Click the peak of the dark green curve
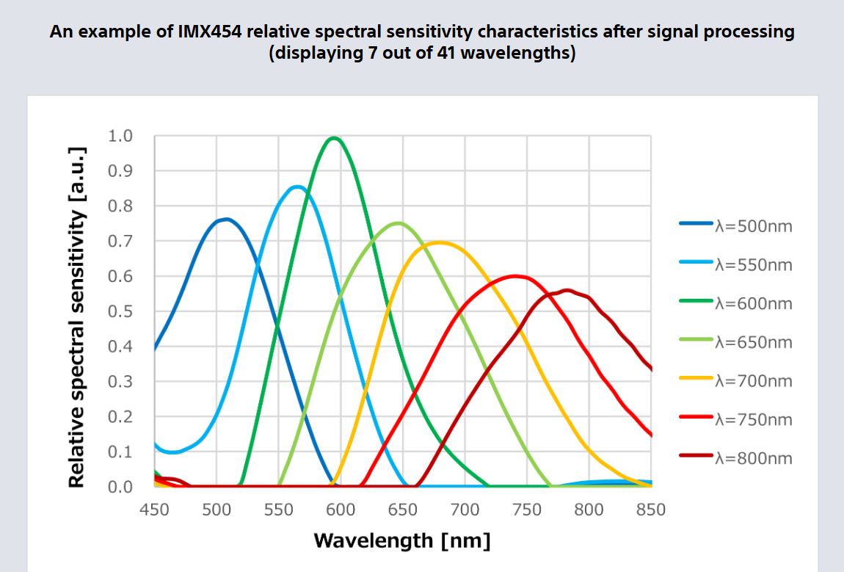[335, 137]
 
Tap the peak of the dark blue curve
[226, 219]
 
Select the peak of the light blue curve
[297, 187]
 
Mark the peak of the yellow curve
[438, 242]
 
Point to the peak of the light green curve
[398, 222]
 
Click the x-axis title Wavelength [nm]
[402, 541]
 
